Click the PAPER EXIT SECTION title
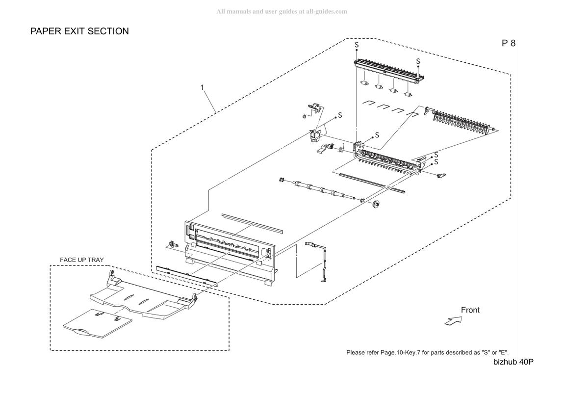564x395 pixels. [x=79, y=31]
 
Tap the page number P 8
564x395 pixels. [x=509, y=43]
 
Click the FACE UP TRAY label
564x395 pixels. [x=81, y=260]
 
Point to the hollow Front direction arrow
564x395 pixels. [x=453, y=320]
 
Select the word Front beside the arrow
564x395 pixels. [x=470, y=310]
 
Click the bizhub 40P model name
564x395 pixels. [x=513, y=362]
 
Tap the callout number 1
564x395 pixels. [x=202, y=87]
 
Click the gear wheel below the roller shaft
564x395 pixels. [x=376, y=204]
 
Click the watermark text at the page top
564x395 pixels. [x=282, y=11]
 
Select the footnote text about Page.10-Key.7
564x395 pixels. [x=427, y=352]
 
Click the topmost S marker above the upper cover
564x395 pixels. [x=357, y=45]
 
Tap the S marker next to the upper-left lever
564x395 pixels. [x=340, y=115]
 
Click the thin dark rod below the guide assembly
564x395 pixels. [x=372, y=183]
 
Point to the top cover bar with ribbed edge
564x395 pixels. [x=389, y=72]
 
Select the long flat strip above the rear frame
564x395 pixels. [x=252, y=223]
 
